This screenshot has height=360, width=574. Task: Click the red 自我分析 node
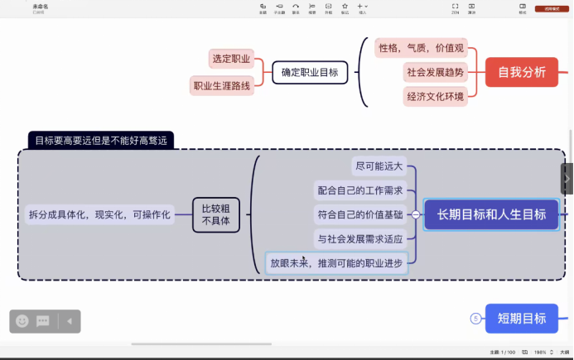522,72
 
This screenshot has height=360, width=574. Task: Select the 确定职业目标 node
309,72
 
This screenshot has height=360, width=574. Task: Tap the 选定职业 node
231,59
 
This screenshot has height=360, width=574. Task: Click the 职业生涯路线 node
221,85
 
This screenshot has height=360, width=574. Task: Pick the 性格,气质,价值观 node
422,47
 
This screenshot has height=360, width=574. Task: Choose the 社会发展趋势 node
435,72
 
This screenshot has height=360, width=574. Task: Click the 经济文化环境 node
435,96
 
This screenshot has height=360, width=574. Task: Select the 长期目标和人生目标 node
492,214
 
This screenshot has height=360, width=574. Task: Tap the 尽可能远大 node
379,166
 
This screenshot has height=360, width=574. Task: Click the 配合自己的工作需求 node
361,190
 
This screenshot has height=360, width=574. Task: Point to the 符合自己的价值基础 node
361,214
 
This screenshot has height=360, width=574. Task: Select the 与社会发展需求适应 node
361,238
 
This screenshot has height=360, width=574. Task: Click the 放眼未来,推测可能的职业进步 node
337,263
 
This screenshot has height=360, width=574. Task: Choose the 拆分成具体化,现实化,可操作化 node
99,214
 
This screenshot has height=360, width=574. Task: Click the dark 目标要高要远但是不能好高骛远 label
100,140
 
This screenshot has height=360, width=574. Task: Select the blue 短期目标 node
522,318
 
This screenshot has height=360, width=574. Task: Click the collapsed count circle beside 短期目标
475,318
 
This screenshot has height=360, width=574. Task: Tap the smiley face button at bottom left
22,321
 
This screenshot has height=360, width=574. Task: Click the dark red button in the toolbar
550,8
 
